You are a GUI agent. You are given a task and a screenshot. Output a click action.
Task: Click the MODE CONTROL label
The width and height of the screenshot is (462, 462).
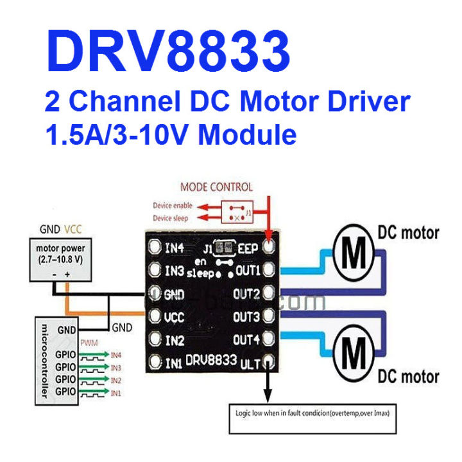tap(216, 187)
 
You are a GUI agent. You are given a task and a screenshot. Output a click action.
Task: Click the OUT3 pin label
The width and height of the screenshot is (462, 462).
tap(246, 316)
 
